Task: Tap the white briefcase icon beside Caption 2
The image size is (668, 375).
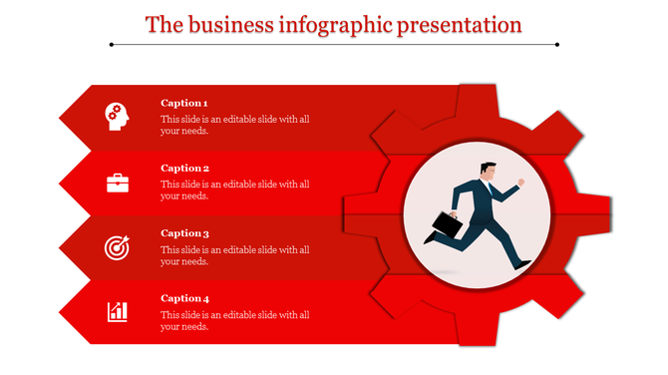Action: click(x=118, y=183)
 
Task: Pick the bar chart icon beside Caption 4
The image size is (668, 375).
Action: click(x=118, y=312)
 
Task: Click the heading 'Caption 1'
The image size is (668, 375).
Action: click(x=184, y=103)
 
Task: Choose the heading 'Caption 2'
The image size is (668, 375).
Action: click(x=184, y=168)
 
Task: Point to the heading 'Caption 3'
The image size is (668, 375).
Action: click(x=184, y=233)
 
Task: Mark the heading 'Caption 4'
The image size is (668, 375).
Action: click(x=184, y=298)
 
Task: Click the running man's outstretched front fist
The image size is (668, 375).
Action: click(x=519, y=183)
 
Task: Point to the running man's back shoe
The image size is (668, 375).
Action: click(x=429, y=238)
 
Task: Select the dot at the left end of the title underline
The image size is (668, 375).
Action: click(x=112, y=44)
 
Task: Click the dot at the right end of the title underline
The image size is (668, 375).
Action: click(x=557, y=44)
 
